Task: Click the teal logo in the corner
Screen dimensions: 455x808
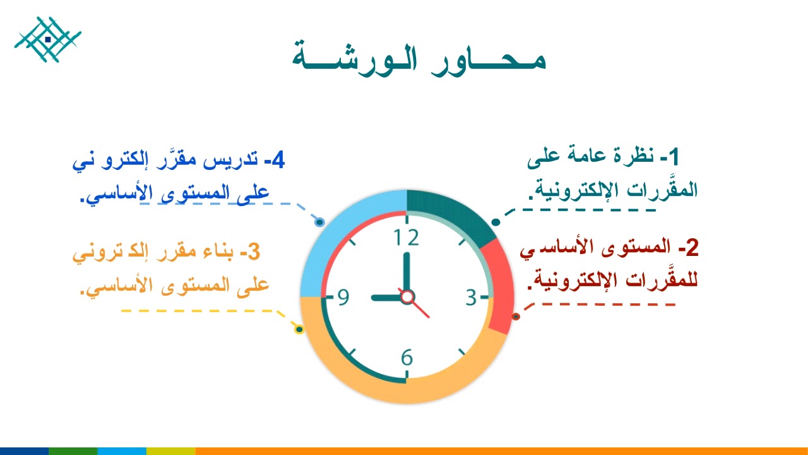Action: click(48, 39)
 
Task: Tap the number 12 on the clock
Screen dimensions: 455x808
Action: click(407, 238)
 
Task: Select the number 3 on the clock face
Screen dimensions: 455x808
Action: click(472, 297)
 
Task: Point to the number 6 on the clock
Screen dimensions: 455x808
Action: click(407, 358)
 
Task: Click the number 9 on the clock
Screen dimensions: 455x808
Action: click(343, 297)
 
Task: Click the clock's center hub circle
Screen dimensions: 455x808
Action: click(407, 296)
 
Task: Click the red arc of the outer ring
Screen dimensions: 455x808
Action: click(502, 288)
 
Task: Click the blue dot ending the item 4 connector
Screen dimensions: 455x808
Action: click(319, 222)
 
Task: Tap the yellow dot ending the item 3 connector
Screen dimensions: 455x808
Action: click(300, 329)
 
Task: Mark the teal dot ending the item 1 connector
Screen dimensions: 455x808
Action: click(496, 222)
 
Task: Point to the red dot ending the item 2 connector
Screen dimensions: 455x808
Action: click(516, 316)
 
